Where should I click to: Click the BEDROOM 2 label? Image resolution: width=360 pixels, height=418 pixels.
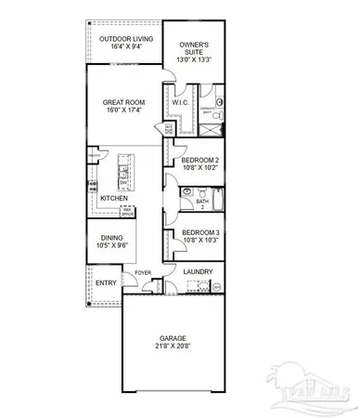pos(199,161)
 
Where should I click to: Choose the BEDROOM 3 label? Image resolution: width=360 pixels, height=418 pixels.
pos(199,232)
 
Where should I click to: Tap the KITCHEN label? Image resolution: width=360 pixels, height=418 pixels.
pos(114,199)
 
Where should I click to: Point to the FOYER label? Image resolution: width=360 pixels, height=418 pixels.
pos(142,272)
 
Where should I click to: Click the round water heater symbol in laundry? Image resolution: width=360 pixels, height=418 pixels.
pos(217,288)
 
